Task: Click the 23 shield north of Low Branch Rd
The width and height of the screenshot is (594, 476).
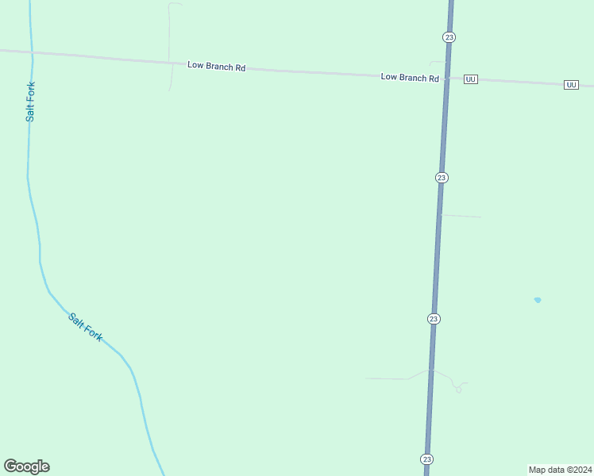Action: tap(449, 37)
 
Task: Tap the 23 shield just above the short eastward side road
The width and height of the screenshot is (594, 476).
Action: tap(442, 178)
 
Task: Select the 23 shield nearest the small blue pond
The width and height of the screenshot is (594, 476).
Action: tap(433, 319)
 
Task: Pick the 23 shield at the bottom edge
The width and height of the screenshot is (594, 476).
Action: tap(427, 459)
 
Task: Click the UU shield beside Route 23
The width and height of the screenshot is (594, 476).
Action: tap(470, 79)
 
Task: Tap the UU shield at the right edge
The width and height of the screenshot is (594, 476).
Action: tap(571, 84)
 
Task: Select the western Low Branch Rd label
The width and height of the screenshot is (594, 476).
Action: tap(216, 66)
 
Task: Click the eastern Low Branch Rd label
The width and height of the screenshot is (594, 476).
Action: tap(410, 78)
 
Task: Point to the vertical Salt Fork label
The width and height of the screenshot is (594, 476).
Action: tap(30, 102)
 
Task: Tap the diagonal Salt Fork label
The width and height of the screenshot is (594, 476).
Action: tap(85, 327)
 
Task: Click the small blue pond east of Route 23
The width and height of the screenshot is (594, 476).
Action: tap(538, 300)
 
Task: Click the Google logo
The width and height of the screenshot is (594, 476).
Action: tap(27, 466)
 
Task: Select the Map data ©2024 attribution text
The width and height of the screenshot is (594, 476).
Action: tap(560, 469)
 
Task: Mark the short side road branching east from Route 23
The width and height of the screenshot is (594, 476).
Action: tap(461, 216)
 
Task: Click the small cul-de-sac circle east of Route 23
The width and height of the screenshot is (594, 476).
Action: tap(458, 390)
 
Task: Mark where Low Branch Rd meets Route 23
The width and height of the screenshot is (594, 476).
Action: tap(446, 78)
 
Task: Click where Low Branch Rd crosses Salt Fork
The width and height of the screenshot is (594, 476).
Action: tap(32, 52)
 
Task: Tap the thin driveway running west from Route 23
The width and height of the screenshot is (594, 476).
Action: tap(389, 378)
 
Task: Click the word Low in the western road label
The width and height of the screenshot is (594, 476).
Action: tap(195, 65)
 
